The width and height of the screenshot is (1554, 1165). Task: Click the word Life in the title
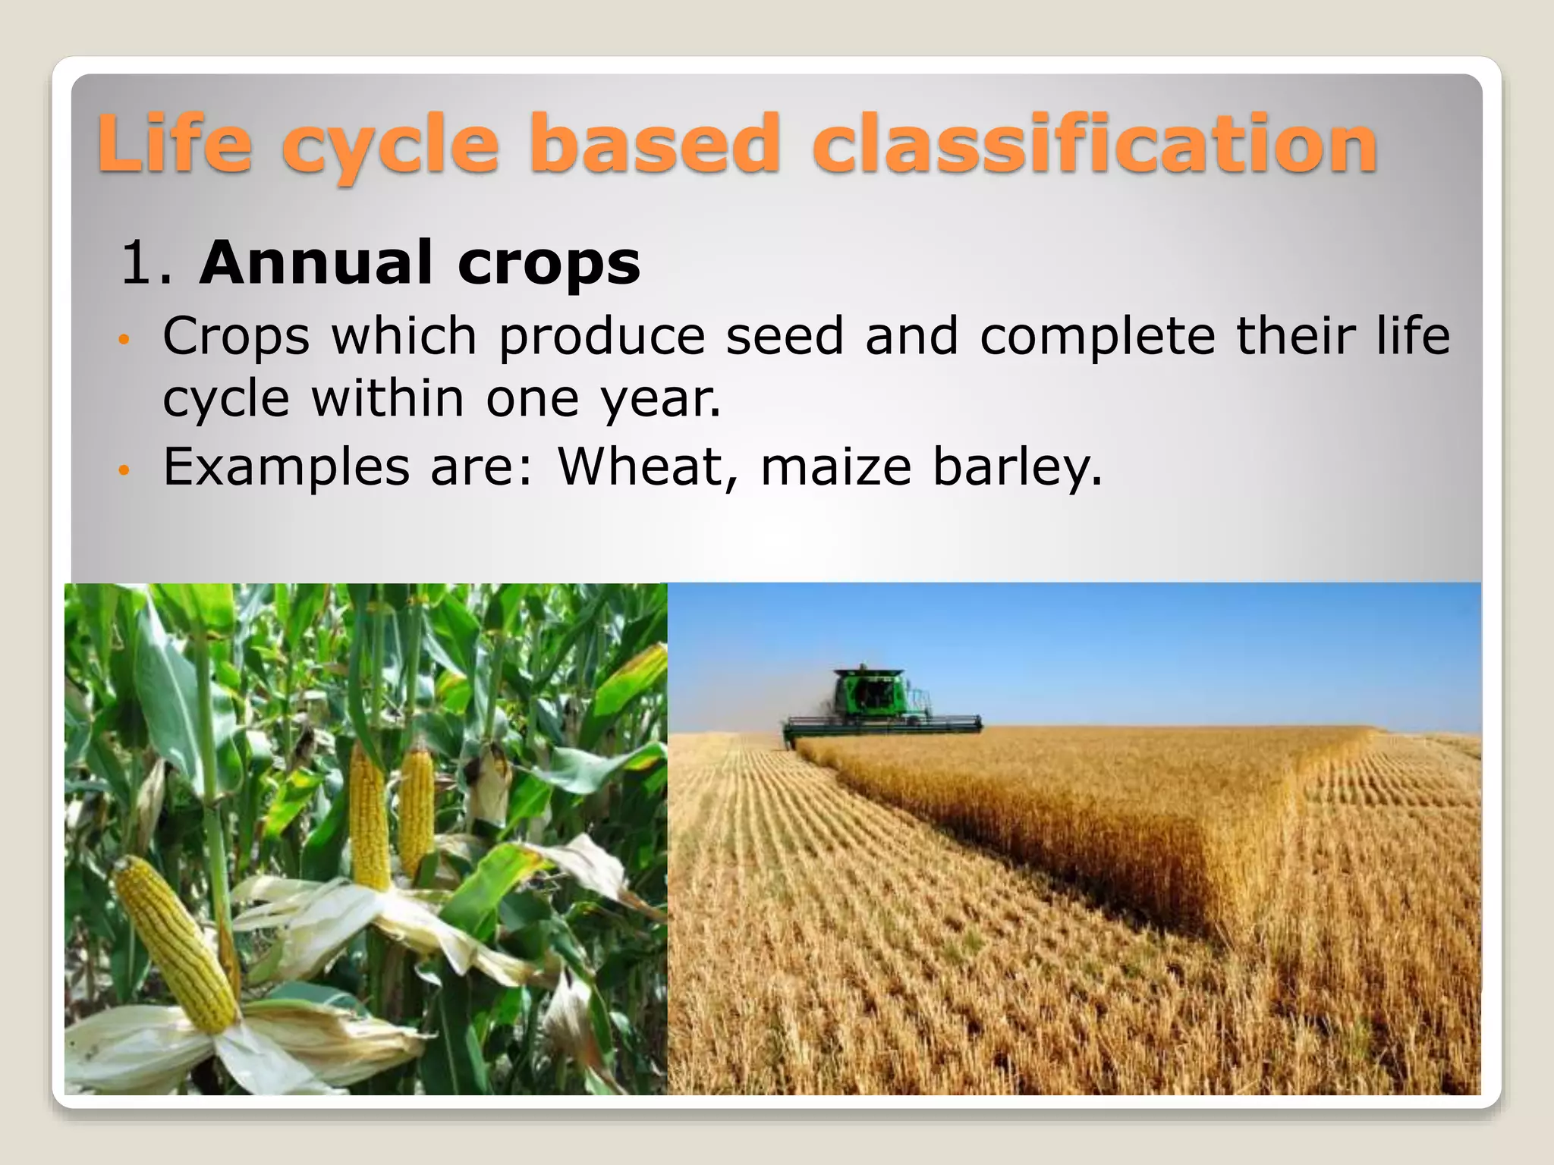175,143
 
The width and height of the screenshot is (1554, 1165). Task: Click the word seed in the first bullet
784,335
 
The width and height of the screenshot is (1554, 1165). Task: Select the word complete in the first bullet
1097,337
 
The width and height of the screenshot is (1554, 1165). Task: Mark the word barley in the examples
1016,467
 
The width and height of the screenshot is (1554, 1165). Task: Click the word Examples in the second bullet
286,467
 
